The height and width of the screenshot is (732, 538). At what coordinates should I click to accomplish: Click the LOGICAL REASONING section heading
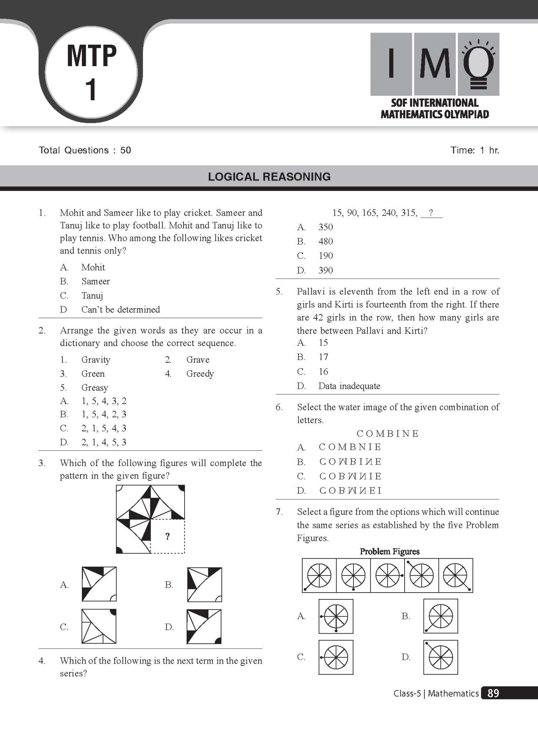[x=269, y=177]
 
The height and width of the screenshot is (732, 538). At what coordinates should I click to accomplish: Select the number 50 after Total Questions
[x=126, y=150]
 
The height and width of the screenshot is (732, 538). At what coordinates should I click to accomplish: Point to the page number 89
[x=493, y=693]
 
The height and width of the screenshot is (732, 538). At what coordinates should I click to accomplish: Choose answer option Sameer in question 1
[x=96, y=281]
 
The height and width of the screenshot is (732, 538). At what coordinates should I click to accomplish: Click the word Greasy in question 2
[x=94, y=387]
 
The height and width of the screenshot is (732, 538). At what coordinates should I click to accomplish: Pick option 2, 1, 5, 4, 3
[x=104, y=428]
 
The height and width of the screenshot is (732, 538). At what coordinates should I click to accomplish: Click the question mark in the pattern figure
[x=167, y=536]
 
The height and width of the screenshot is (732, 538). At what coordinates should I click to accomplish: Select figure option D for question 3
[x=204, y=627]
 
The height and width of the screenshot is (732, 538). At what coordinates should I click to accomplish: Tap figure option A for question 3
[x=99, y=584]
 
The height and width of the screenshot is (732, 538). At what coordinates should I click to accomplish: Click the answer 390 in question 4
[x=326, y=270]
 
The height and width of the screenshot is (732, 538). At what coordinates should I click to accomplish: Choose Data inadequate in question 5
[x=349, y=386]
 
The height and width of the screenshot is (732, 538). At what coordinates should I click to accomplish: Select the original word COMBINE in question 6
[x=388, y=434]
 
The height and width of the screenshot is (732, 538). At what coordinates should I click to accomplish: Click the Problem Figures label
[x=389, y=552]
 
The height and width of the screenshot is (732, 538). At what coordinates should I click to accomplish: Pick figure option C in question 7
[x=336, y=657]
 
